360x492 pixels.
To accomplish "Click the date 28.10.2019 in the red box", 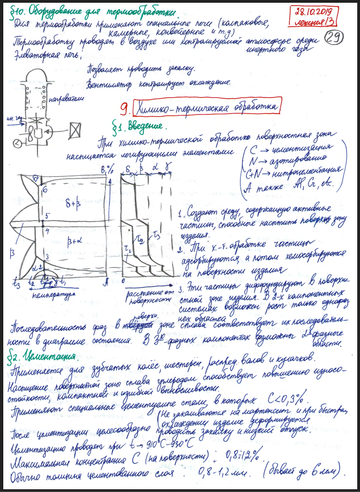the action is coord(316,11).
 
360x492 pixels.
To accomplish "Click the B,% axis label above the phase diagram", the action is coord(104,170).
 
